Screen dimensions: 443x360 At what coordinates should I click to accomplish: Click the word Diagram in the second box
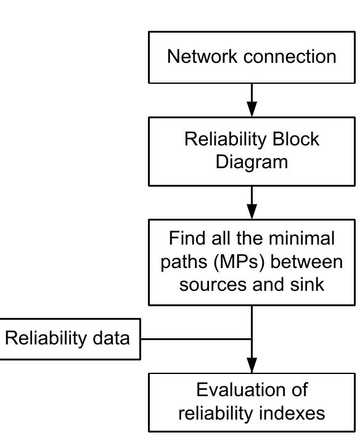tap(252, 162)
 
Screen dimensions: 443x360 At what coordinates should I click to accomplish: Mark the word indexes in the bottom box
tap(295, 413)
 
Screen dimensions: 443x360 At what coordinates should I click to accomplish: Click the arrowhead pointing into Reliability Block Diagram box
tap(252, 108)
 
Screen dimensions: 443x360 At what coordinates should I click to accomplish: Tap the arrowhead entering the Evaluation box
tap(252, 364)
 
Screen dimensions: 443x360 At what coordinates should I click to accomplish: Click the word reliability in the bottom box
tap(216, 413)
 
